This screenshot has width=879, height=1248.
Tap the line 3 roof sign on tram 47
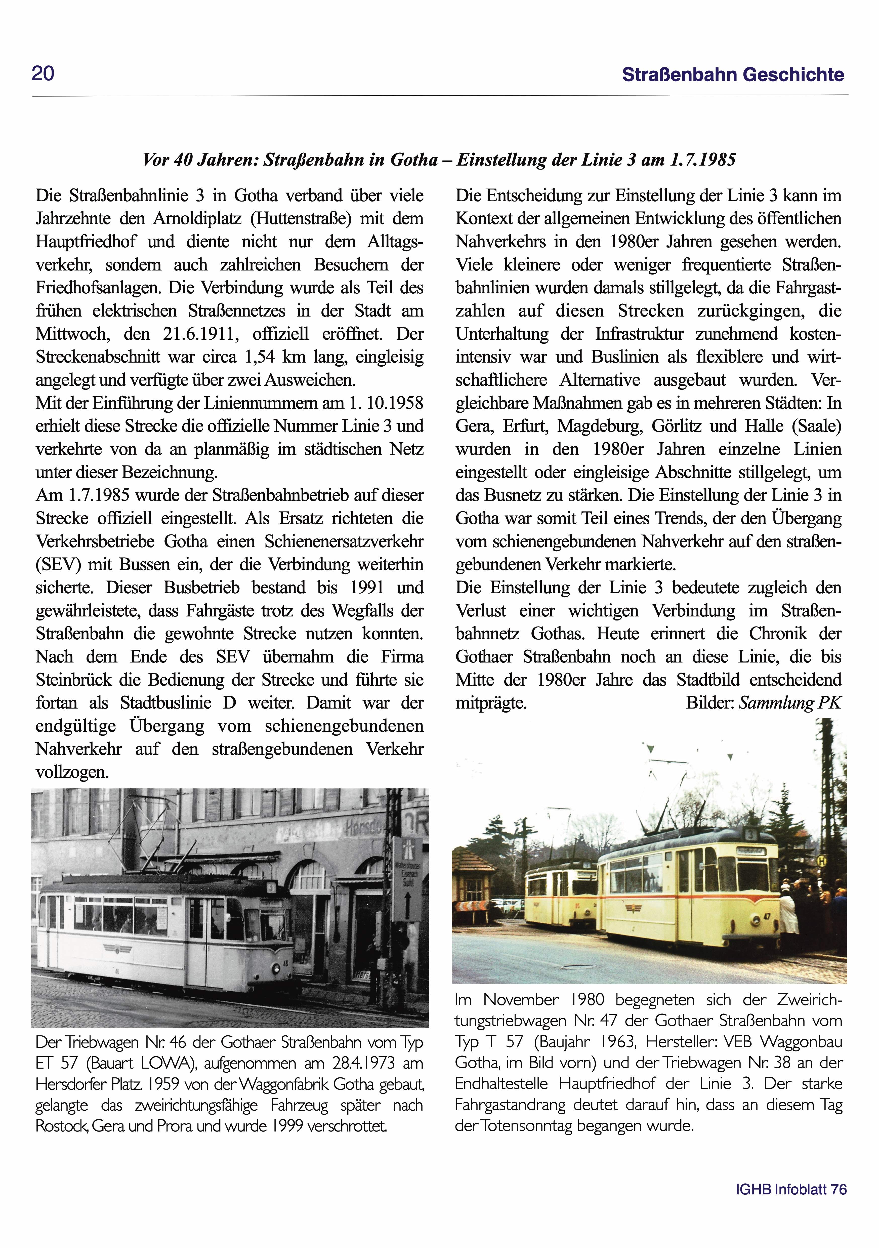point(750,834)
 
